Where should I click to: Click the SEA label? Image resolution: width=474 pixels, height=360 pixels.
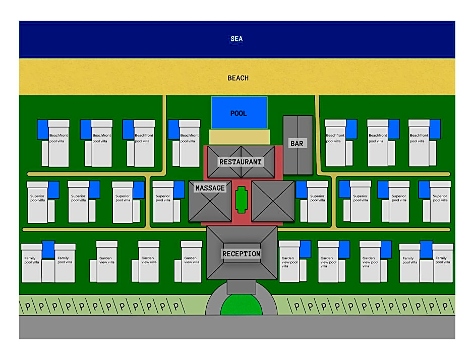[236, 39]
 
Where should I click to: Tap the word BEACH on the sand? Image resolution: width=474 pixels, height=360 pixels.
[238, 78]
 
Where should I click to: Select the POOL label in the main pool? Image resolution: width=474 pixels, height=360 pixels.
[239, 113]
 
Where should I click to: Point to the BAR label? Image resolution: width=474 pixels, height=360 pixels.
[297, 144]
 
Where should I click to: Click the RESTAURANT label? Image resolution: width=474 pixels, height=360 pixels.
[241, 162]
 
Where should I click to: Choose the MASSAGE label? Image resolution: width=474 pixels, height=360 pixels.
[210, 188]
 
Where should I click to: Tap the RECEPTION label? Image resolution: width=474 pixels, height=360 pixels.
[241, 254]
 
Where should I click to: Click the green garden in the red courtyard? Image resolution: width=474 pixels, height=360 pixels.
[241, 200]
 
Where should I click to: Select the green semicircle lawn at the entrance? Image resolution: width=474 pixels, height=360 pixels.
[241, 305]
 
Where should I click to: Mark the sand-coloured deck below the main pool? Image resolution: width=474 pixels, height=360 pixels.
[239, 137]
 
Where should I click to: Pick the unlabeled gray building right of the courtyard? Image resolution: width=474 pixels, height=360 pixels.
[273, 201]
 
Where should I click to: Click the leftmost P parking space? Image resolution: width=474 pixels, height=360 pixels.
[28, 307]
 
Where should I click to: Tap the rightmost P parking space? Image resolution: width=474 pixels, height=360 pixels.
[445, 307]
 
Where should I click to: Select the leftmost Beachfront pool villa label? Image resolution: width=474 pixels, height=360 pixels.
[58, 138]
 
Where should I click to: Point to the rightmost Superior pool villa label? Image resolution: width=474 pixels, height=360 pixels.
[440, 198]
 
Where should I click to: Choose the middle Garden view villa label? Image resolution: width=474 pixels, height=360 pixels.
[149, 260]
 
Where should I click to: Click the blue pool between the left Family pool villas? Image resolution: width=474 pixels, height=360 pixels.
[48, 250]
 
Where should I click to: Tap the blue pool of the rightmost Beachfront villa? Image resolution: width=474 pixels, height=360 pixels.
[435, 129]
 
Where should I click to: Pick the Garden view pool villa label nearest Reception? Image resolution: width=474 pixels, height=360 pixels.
[289, 262]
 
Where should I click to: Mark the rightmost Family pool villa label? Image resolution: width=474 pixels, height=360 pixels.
[443, 260]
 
